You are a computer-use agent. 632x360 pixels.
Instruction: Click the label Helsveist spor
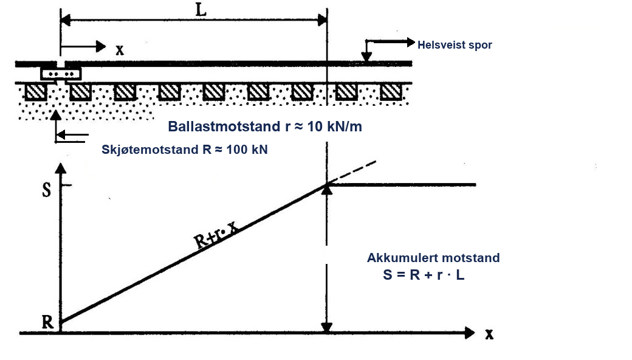(x=455, y=45)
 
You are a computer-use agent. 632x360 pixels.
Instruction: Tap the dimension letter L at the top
(x=201, y=9)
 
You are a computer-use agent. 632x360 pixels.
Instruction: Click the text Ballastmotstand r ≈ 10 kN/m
(x=265, y=126)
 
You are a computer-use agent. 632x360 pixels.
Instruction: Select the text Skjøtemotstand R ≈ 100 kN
(x=185, y=150)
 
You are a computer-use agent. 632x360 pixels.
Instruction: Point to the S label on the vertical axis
(x=47, y=190)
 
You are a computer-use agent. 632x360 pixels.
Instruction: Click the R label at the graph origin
(x=47, y=322)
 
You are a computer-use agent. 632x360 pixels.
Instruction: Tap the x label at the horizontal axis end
(x=489, y=334)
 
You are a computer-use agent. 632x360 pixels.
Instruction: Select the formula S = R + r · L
(x=424, y=274)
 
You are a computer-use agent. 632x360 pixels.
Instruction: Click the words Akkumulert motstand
(x=433, y=258)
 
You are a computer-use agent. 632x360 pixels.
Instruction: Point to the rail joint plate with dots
(x=61, y=74)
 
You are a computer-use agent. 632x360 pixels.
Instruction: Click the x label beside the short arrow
(x=120, y=50)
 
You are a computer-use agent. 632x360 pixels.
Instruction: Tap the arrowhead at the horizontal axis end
(x=470, y=333)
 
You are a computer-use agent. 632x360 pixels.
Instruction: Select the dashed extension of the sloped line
(x=351, y=173)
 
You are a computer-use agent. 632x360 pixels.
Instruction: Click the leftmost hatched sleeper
(x=36, y=92)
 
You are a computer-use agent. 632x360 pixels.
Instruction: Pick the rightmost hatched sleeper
(x=391, y=92)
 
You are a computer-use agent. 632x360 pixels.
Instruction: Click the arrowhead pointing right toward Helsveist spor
(x=410, y=42)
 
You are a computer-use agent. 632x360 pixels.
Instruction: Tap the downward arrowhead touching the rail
(x=366, y=58)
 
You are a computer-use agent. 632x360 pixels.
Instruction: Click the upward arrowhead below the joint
(x=56, y=116)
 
